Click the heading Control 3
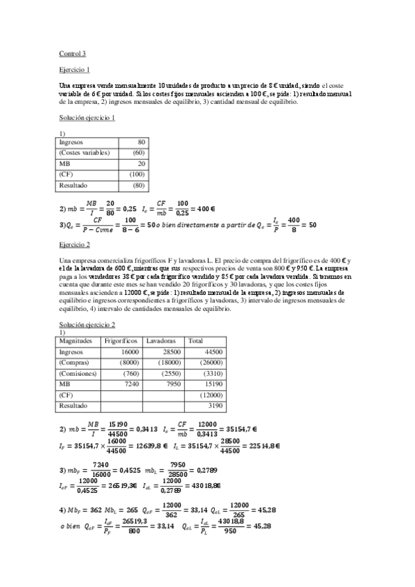pyautogui.click(x=73, y=53)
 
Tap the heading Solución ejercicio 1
pyautogui.click(x=87, y=118)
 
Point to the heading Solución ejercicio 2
pyautogui.click(x=87, y=324)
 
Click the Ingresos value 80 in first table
pyautogui.click(x=141, y=142)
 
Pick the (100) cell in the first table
pyautogui.click(x=137, y=174)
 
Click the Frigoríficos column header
pyautogui.click(x=122, y=341)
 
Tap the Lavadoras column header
pyautogui.click(x=161, y=341)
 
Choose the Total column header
pyautogui.click(x=196, y=341)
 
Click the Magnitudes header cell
pyautogui.click(x=77, y=341)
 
